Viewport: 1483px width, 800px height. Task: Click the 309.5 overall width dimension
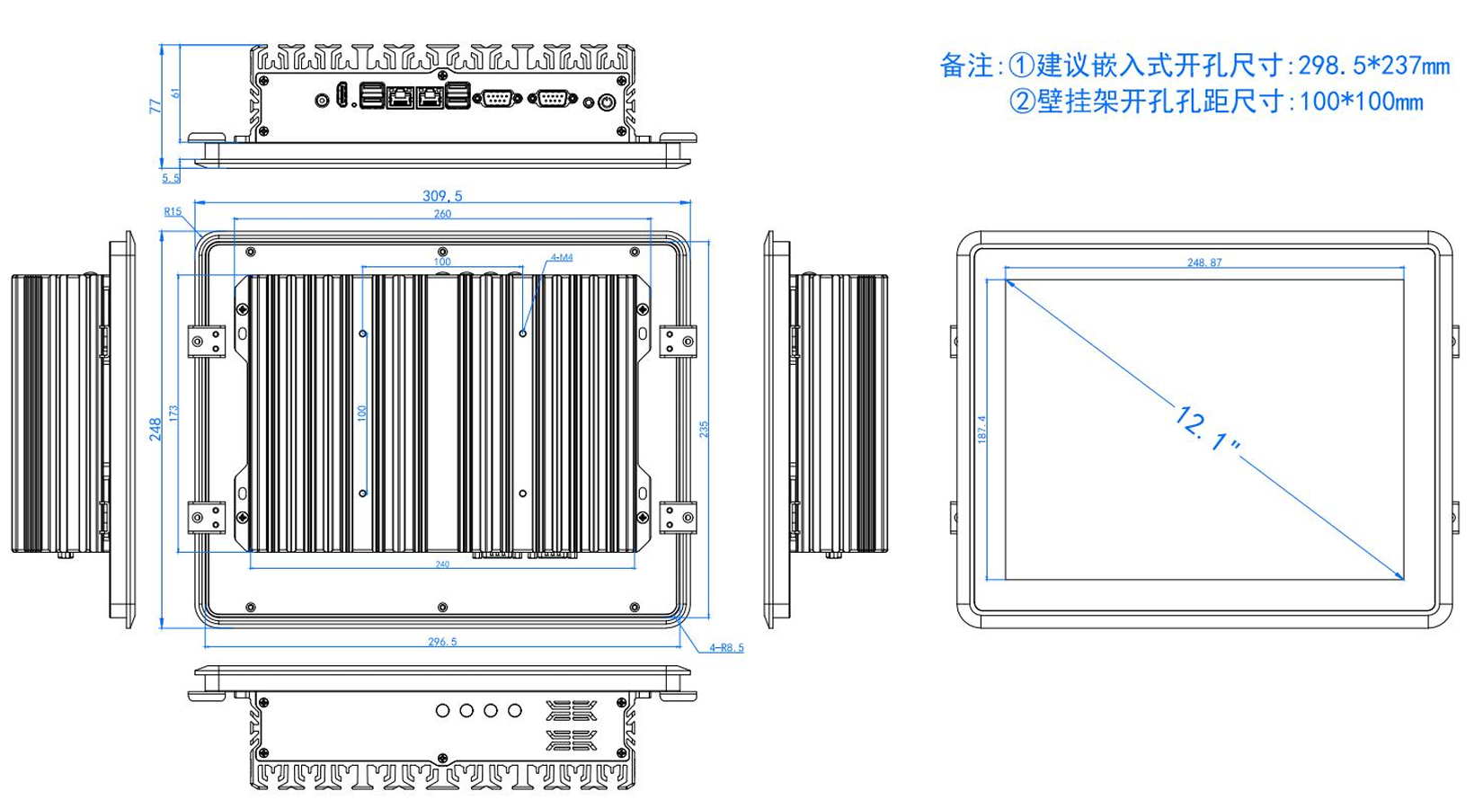442,196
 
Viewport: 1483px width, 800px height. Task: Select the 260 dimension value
442,214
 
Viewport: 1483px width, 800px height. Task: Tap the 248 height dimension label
155,429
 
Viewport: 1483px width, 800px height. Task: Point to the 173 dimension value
173,413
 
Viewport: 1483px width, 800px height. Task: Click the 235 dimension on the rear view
704,429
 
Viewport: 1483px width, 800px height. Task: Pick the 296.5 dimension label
442,642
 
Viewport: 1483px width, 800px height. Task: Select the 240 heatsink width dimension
442,564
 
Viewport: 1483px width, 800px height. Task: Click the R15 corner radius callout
173,212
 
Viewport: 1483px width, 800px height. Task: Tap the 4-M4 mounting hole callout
561,258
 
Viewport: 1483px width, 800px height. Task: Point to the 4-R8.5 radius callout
726,647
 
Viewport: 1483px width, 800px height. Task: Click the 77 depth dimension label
155,105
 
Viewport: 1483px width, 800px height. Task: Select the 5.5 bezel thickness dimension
171,178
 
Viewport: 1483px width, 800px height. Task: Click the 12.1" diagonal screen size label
1205,429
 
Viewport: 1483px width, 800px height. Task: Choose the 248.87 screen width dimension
1204,262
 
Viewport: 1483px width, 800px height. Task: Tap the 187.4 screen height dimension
981,429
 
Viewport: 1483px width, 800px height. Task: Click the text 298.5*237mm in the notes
1374,66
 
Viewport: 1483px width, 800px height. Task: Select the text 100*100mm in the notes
1362,102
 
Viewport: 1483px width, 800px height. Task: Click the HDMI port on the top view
342,96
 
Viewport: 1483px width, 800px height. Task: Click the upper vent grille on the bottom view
571,711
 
